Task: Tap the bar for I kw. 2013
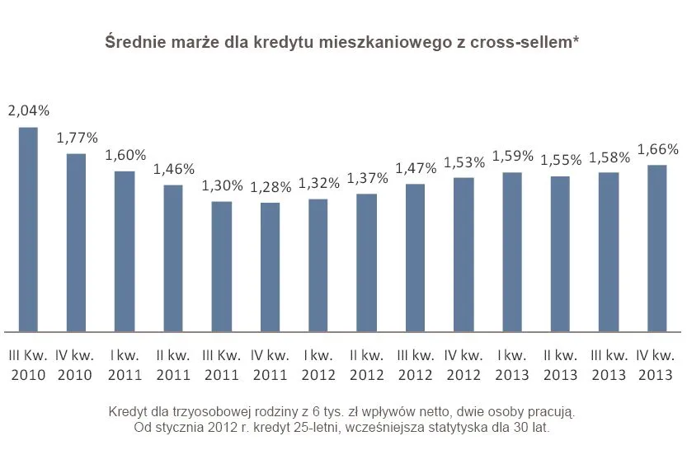coord(512,251)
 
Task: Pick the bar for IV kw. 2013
coord(657,247)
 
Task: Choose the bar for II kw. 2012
coord(366,262)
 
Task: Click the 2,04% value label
coord(28,110)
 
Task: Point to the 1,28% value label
coord(271,187)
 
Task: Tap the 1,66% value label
coord(658,149)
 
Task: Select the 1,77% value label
coord(77,137)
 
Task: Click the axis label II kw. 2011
coord(173,365)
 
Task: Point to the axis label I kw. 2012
coord(318,365)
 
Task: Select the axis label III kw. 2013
coord(609,365)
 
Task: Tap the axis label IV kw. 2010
coord(76,365)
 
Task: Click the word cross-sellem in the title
coord(529,42)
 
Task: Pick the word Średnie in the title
coord(133,42)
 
